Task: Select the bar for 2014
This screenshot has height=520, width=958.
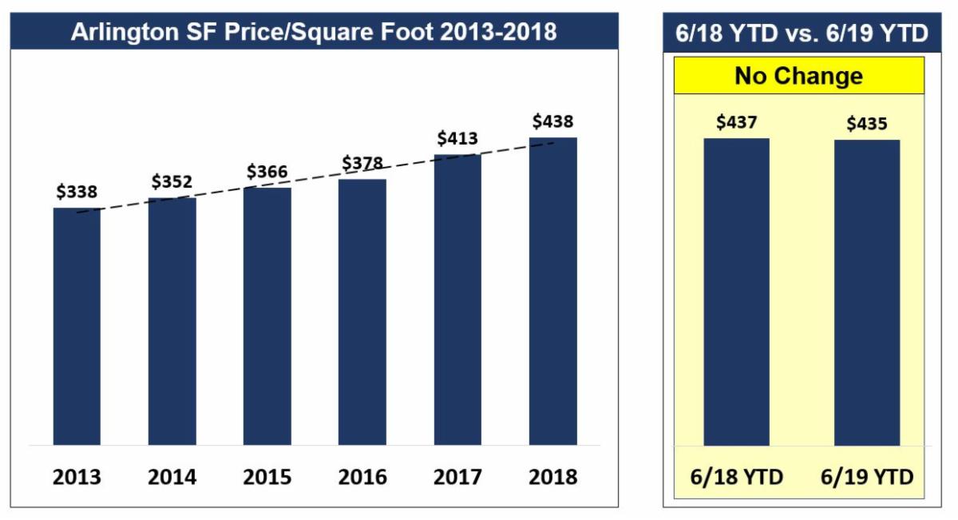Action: [172, 321]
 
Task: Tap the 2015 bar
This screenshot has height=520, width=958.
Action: [267, 316]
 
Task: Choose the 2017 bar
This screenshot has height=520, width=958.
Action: [457, 300]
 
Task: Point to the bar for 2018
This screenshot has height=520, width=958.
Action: [552, 291]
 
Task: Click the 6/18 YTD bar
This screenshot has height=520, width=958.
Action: [736, 292]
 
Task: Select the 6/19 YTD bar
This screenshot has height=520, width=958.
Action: [867, 292]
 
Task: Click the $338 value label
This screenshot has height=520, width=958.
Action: [77, 192]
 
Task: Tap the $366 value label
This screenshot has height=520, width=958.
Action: [267, 172]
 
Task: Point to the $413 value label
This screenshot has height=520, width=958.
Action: [457, 139]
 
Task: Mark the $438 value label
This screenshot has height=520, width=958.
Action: [552, 121]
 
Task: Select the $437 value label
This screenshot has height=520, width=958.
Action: [736, 122]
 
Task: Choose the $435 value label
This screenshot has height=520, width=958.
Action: [867, 124]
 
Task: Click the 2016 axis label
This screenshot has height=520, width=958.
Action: [362, 478]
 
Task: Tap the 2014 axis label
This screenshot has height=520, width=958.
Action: [172, 478]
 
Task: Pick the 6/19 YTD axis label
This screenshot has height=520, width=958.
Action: [867, 478]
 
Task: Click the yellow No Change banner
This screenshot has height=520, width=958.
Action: [798, 76]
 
